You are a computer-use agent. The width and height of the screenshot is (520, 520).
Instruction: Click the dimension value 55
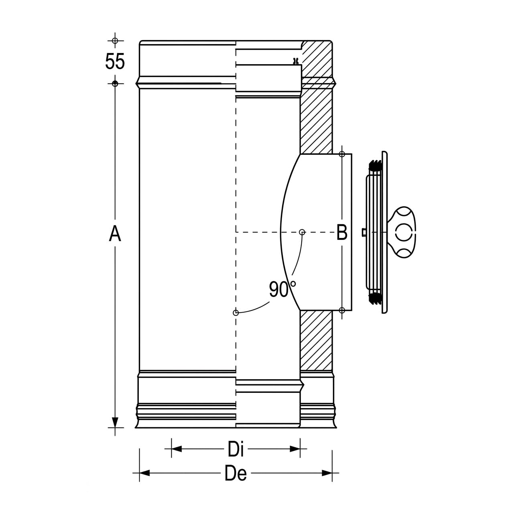pyautogui.click(x=115, y=61)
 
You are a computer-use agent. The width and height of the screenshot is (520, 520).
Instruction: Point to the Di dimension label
pyautogui.click(x=236, y=449)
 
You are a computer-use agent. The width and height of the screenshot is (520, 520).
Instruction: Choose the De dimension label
pyautogui.click(x=236, y=473)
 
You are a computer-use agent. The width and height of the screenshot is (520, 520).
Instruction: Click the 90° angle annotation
pyautogui.click(x=282, y=289)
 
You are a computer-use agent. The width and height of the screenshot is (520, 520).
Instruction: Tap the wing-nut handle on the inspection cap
pyautogui.click(x=402, y=232)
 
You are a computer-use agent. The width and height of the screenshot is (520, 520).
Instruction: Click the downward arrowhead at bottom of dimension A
pyautogui.click(x=115, y=422)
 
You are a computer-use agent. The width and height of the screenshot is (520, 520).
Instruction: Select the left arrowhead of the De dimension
pyautogui.click(x=144, y=473)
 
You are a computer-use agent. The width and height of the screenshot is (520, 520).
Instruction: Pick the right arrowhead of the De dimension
pyautogui.click(x=327, y=473)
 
